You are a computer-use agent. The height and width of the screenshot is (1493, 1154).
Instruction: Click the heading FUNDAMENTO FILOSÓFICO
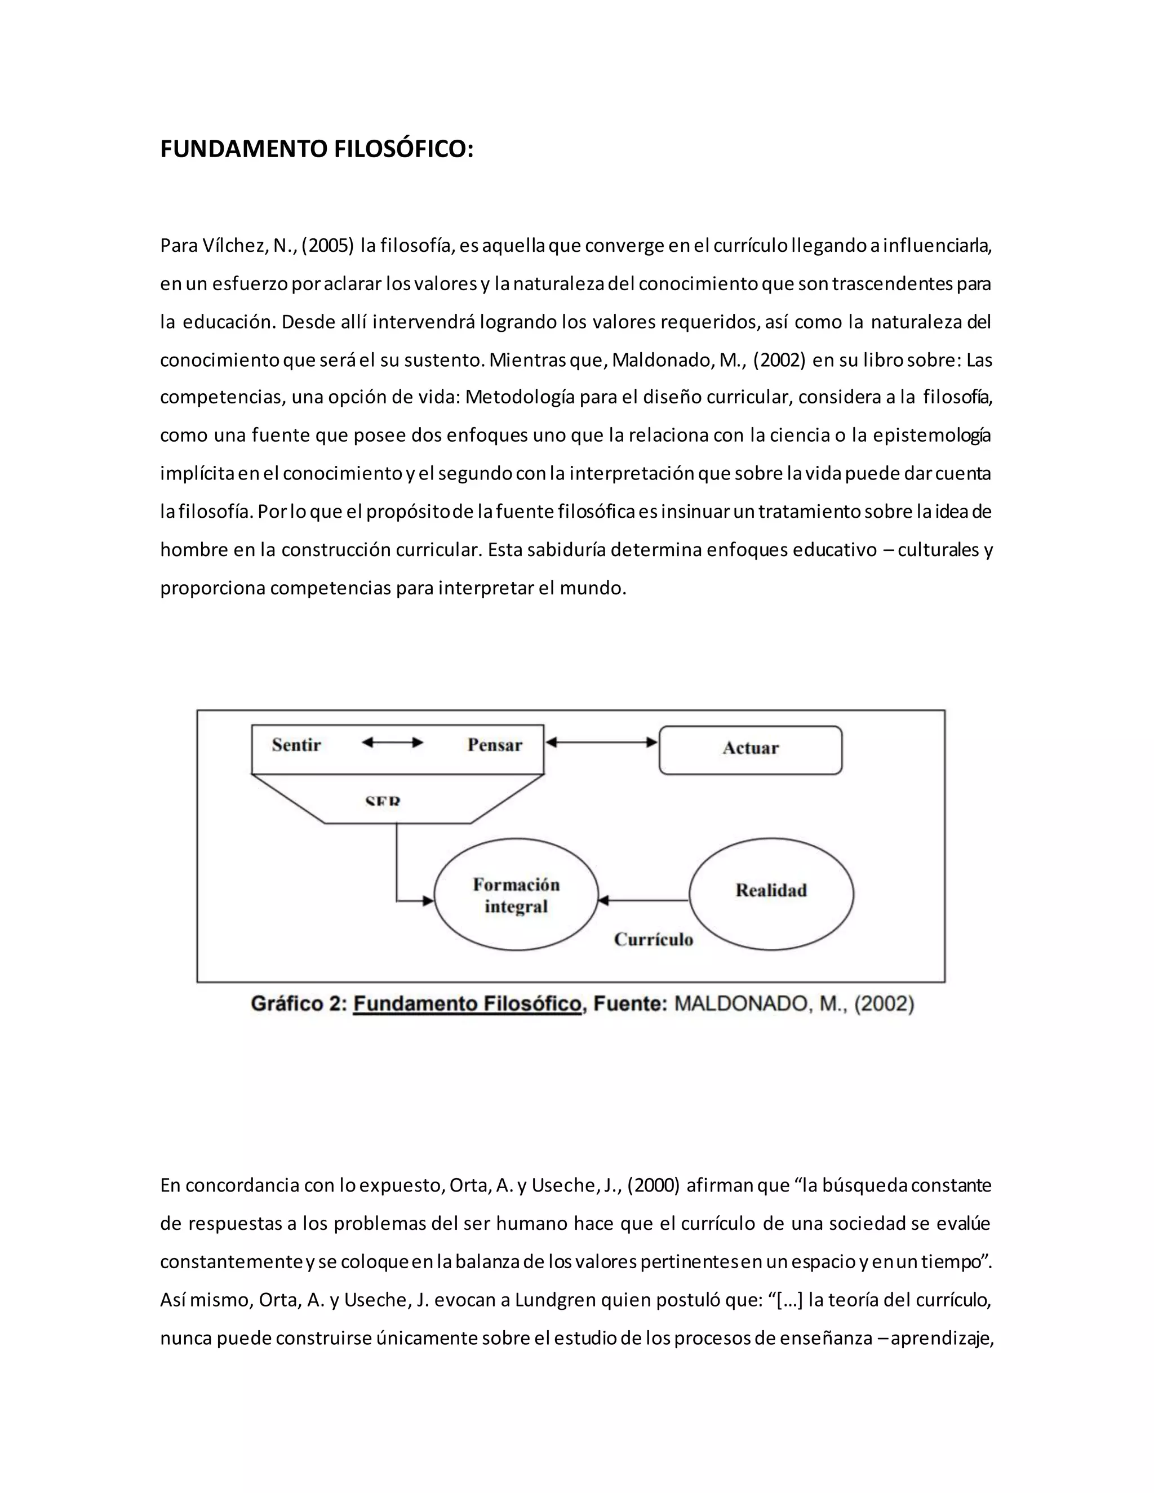pos(317,149)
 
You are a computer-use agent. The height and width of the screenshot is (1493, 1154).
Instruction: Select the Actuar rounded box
pos(750,749)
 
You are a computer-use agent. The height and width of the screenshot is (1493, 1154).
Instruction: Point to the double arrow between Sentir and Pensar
pos(392,743)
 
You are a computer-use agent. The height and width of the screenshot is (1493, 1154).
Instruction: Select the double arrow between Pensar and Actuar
pos(601,743)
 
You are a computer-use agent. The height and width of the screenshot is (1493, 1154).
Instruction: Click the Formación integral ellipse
pos(516,895)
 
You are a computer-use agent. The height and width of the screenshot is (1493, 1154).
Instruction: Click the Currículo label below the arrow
pos(654,939)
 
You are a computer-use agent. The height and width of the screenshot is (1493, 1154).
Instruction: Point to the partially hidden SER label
pos(383,801)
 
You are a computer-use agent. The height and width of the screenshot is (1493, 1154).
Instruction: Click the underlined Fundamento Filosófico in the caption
pos(467,1003)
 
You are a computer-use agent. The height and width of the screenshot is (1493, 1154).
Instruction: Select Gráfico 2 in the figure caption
pos(299,1003)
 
